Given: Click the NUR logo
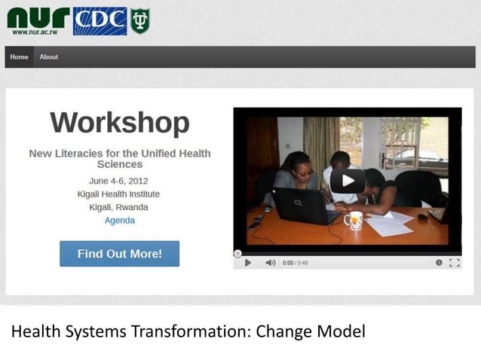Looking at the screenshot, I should pyautogui.click(x=38, y=17).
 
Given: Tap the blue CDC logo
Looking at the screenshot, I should pyautogui.click(x=100, y=21).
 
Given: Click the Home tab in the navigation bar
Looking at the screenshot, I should pyautogui.click(x=20, y=57).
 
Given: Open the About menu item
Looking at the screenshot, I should pyautogui.click(x=49, y=57).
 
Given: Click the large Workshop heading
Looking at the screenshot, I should pyautogui.click(x=120, y=122).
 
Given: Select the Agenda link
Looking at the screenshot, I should pyautogui.click(x=120, y=221).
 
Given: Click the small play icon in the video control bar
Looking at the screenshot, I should pyautogui.click(x=248, y=263).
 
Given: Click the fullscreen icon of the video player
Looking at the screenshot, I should pyautogui.click(x=454, y=263).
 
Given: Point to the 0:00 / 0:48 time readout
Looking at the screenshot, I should pyautogui.click(x=295, y=263).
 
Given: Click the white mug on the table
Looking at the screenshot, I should pyautogui.click(x=353, y=220).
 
